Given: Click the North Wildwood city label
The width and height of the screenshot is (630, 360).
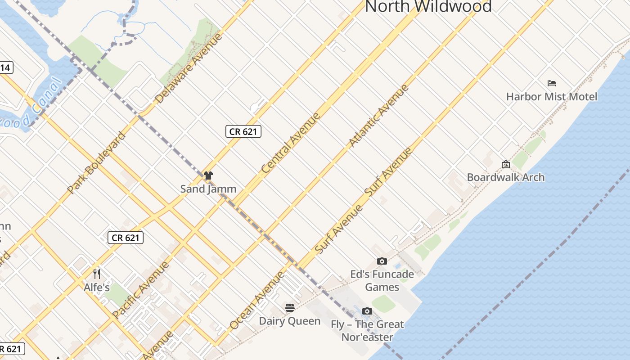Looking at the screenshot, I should pos(428,6).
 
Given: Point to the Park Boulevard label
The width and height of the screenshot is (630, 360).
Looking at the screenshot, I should pos(96,162).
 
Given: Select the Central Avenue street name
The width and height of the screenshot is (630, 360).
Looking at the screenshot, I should pos(291,143).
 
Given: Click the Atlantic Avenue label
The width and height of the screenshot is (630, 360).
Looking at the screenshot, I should pos(378,116).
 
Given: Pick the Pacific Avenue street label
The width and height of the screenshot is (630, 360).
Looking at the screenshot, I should pos(141,289).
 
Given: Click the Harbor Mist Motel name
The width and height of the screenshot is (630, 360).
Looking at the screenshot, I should pos(552,97).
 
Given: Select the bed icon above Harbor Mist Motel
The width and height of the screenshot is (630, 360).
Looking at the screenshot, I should pos(552,83).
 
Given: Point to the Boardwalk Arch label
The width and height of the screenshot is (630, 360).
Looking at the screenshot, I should pos(506,177).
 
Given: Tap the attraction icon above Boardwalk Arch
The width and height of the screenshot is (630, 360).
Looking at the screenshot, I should pos(505,164).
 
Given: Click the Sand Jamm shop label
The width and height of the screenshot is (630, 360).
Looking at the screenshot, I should pos(208,189).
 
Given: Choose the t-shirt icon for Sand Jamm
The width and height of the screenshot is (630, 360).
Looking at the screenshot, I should pos(208,175).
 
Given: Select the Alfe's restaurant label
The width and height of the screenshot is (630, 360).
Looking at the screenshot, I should pos(97,287).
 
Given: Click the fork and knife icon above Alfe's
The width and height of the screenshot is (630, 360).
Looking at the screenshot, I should pos(97,274).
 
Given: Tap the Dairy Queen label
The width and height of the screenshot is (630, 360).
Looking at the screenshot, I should pos(290,321).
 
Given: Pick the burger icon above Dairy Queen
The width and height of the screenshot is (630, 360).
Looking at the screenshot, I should pos(290,308).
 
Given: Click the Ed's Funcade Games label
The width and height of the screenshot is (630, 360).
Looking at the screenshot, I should pos(382,280).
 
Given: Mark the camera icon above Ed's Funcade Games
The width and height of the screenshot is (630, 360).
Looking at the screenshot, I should pos(382,261).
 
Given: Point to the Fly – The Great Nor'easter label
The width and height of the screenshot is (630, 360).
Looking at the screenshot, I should pos(367,330).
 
